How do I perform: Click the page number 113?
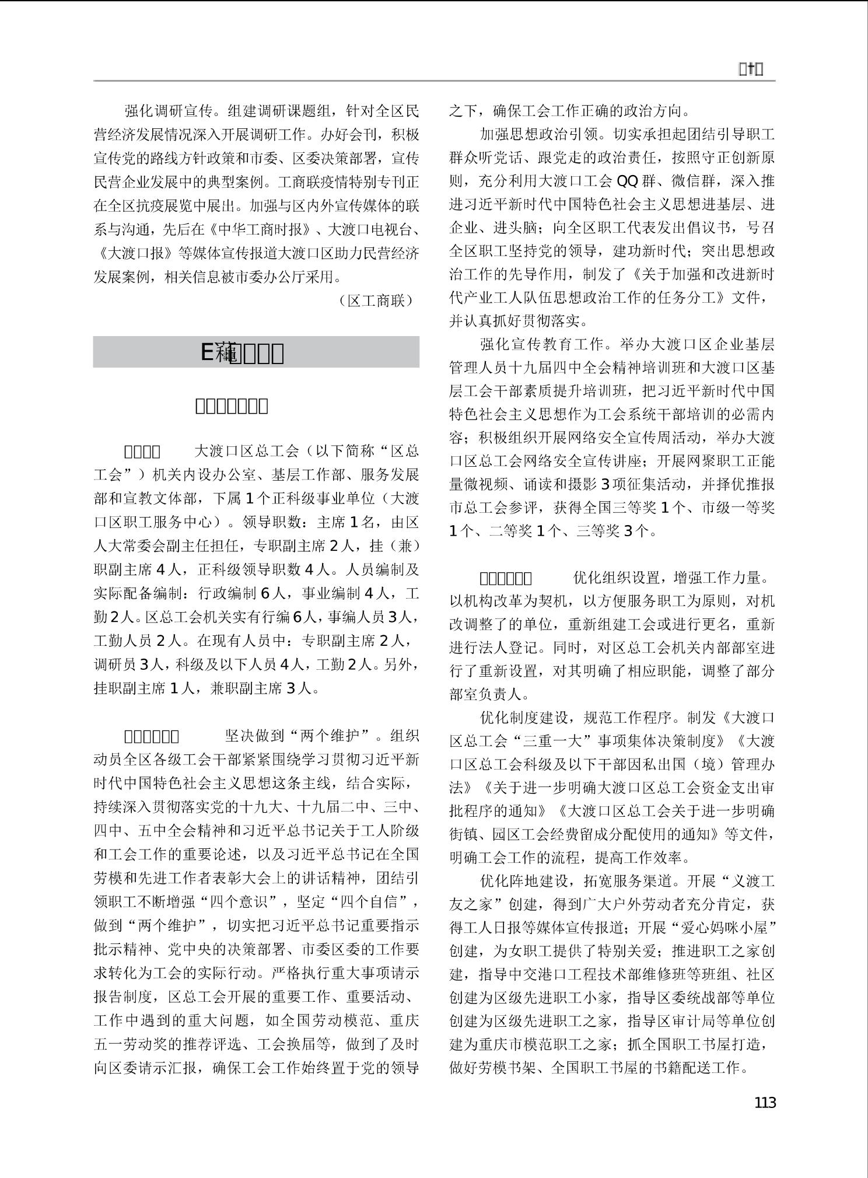click(765, 1102)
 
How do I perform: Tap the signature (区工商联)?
click(376, 300)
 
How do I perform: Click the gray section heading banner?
click(256, 352)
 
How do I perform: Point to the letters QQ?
click(627, 181)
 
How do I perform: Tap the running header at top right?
click(751, 69)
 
